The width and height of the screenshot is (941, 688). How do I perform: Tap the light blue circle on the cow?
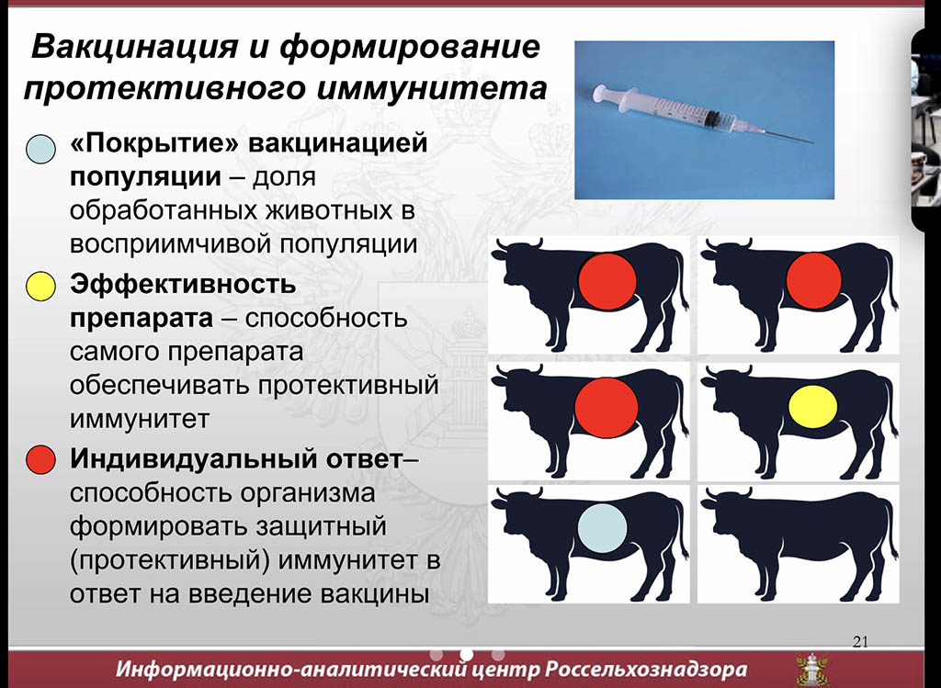pos(603,528)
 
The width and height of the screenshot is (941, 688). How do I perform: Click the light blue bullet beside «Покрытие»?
pos(40,149)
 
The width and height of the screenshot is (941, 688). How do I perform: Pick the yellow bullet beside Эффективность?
pos(40,286)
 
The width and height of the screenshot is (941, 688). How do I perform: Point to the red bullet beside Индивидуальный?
pos(40,460)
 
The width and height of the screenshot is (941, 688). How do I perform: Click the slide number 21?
pos(860,642)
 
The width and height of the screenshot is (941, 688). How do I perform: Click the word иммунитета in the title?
pos(430,88)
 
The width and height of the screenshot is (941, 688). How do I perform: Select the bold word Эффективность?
pos(183,284)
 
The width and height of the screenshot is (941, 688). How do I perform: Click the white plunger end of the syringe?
pos(599,93)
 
